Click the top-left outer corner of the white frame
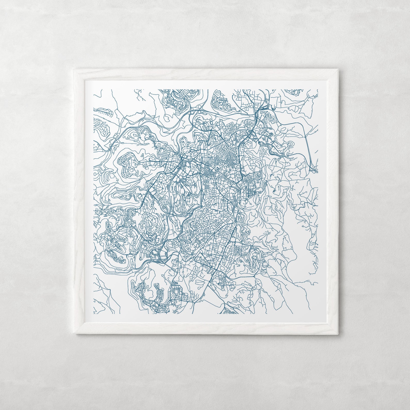(x=74, y=69)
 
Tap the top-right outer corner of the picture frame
(x=338, y=69)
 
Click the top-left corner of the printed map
(x=93, y=90)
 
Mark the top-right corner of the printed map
(x=318, y=90)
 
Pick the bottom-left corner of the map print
(x=93, y=314)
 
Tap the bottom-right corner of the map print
(x=318, y=314)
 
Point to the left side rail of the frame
(x=80, y=201)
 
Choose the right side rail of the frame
(x=333, y=201)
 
